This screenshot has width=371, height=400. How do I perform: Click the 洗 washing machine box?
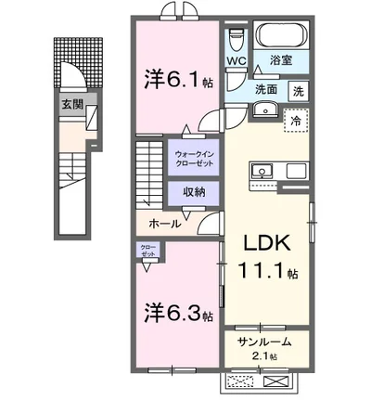pyautogui.click(x=298, y=91)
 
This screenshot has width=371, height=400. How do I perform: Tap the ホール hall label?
pyautogui.click(x=164, y=224)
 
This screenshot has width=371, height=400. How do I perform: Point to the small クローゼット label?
pyautogui.click(x=148, y=251)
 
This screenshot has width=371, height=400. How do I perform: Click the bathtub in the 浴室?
pyautogui.click(x=284, y=34)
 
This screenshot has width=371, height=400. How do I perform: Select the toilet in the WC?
pyautogui.click(x=235, y=37)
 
